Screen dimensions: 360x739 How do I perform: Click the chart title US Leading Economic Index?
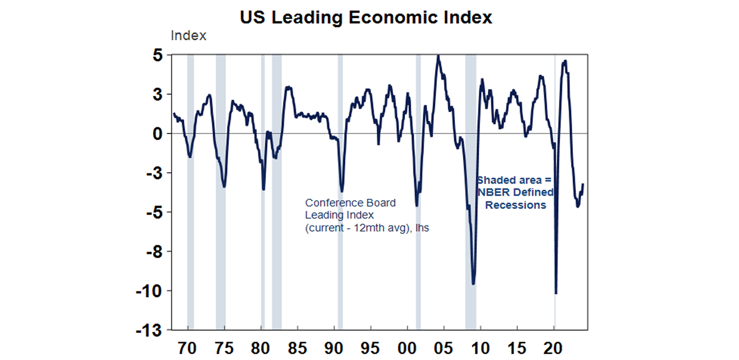pyautogui.click(x=366, y=18)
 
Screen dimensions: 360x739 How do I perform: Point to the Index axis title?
pyautogui.click(x=188, y=36)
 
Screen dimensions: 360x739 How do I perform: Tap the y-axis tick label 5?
pyautogui.click(x=158, y=55)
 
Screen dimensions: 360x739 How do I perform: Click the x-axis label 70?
pyautogui.click(x=187, y=347)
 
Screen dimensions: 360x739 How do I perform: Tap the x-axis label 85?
pyautogui.click(x=297, y=347)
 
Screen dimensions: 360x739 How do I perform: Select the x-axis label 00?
pyautogui.click(x=407, y=347)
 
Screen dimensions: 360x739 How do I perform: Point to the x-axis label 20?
pyautogui.click(x=553, y=347)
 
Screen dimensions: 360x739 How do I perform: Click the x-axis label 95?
pyautogui.click(x=370, y=347)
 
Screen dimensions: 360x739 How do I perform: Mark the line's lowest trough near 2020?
pyautogui.click(x=556, y=293)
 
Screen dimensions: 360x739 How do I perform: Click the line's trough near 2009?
pyautogui.click(x=473, y=284)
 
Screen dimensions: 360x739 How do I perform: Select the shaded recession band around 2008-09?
pyautogui.click(x=471, y=193)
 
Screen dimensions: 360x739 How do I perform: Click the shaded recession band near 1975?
pyautogui.click(x=220, y=193)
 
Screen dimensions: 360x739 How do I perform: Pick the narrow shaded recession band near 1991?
pyautogui.click(x=340, y=193)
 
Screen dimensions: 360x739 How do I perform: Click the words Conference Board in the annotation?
pyautogui.click(x=350, y=203)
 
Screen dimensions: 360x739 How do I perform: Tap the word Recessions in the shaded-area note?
pyautogui.click(x=515, y=205)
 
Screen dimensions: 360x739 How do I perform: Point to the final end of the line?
pyautogui.click(x=583, y=184)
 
